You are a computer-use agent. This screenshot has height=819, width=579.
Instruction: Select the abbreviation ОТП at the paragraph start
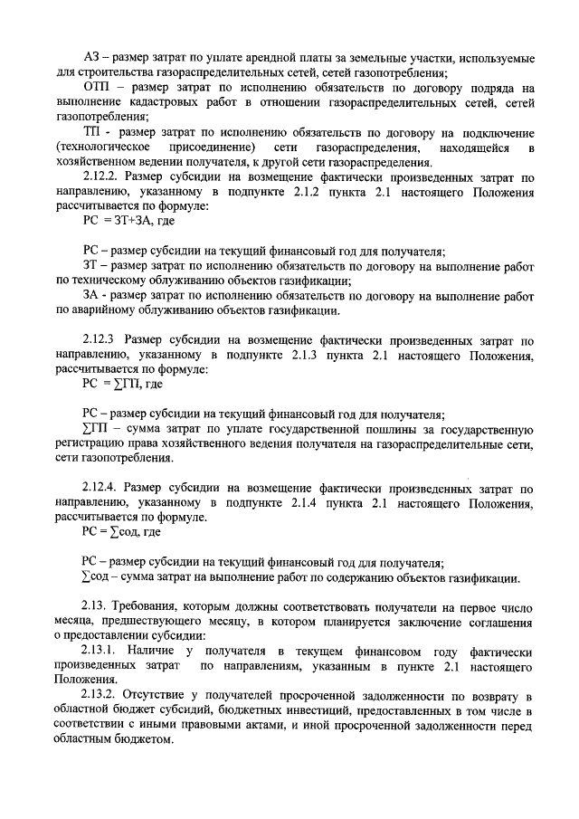point(96,89)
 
